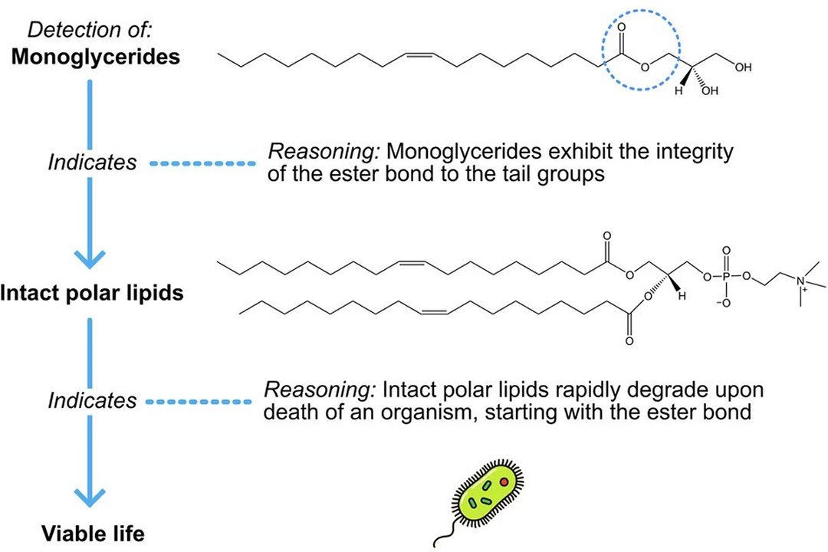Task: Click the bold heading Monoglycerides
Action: tap(96, 57)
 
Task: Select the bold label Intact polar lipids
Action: tap(92, 293)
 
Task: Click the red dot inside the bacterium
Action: tap(504, 481)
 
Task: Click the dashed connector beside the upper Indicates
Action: tap(203, 163)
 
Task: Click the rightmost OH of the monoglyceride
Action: tap(743, 67)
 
